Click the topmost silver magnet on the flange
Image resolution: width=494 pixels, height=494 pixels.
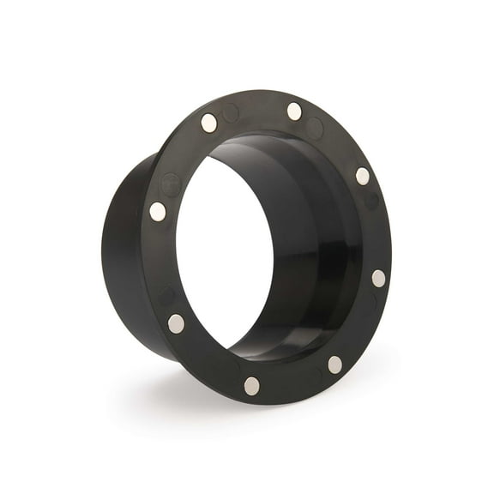click(294, 111)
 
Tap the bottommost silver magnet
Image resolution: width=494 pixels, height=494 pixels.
click(251, 385)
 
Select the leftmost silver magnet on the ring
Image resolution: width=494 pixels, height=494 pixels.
click(158, 211)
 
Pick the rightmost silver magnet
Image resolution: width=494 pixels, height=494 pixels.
click(378, 278)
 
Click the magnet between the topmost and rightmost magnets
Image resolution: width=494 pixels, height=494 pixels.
click(363, 176)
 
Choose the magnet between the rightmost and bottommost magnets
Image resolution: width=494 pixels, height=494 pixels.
click(334, 364)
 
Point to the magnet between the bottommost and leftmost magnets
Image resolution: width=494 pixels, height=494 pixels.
click(176, 322)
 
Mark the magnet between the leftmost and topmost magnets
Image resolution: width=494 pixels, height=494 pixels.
click(209, 123)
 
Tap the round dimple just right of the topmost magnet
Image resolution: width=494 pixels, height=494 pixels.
click(315, 129)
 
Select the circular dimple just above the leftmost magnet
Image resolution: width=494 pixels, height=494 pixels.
click(172, 183)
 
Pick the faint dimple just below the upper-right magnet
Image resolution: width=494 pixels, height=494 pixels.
click(370, 202)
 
